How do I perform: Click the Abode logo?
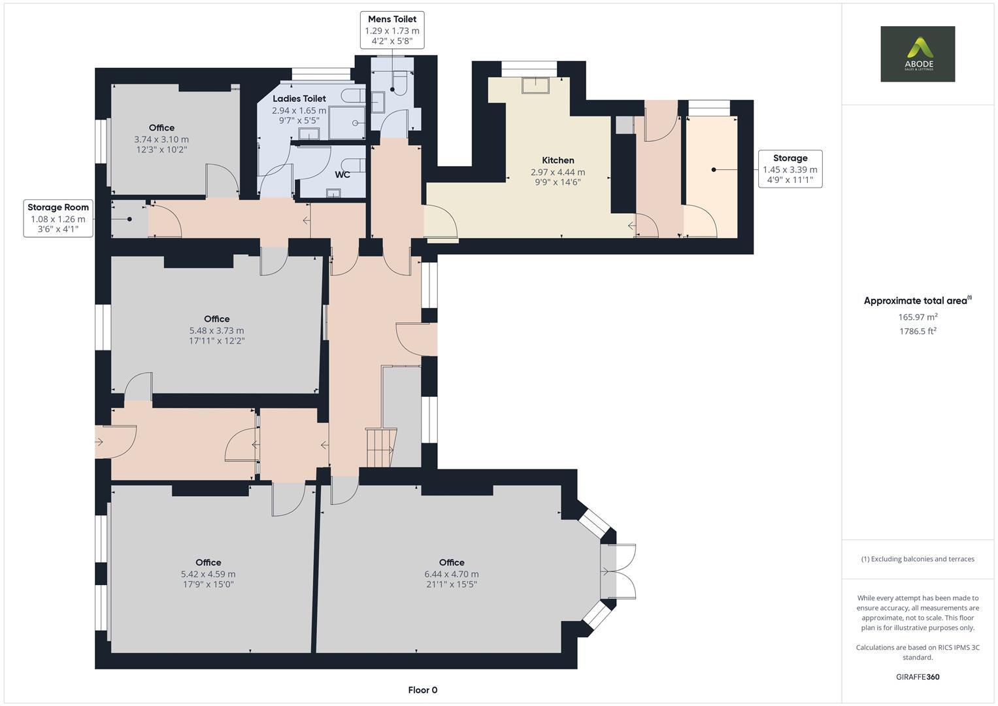[917, 54]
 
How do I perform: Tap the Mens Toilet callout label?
[391, 29]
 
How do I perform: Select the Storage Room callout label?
[58, 218]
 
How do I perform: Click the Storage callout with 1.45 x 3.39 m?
[790, 169]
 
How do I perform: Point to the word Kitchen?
[557, 160]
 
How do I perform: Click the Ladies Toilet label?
[299, 99]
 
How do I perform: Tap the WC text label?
[342, 175]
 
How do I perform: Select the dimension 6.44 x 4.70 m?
[451, 574]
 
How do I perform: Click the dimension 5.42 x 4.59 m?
[208, 574]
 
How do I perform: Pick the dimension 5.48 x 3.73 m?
[216, 331]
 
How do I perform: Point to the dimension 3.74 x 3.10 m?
[161, 139]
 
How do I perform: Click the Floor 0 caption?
[422, 690]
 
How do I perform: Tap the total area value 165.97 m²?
[918, 317]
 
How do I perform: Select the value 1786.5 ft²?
[918, 331]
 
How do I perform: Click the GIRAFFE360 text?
[918, 677]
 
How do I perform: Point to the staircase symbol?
[380, 448]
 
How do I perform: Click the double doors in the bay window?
[618, 571]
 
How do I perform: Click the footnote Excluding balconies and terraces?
[918, 559]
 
